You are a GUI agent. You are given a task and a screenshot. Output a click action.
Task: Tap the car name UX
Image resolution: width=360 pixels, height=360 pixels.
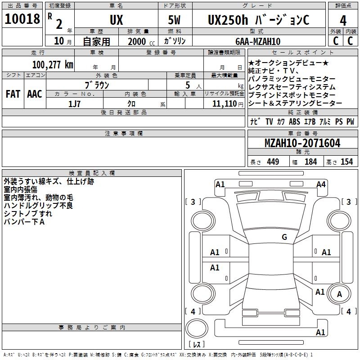pyautogui.click(x=116, y=20)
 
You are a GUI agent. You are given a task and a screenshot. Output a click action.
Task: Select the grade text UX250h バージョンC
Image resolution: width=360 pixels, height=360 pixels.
pyautogui.click(x=258, y=20)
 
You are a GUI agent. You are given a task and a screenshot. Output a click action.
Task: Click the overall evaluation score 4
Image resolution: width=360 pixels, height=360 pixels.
pyautogui.click(x=343, y=20)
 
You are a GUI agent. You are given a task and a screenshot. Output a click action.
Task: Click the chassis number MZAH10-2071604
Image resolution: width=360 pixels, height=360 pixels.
pyautogui.click(x=302, y=143)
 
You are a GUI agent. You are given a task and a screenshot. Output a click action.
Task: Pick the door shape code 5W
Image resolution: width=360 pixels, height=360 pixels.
pyautogui.click(x=175, y=20)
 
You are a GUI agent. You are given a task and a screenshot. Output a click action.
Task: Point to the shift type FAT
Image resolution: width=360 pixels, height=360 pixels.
pyautogui.click(x=13, y=94)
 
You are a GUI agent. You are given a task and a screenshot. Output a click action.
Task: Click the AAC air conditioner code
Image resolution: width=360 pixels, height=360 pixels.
pyautogui.click(x=35, y=94)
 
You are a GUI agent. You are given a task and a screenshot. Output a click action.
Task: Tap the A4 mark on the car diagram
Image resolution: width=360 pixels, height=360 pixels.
pyautogui.click(x=321, y=184)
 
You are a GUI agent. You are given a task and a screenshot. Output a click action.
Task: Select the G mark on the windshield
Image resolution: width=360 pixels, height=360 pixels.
pyautogui.click(x=284, y=237)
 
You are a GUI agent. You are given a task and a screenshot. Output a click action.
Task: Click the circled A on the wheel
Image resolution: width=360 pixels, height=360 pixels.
pyautogui.click(x=340, y=294)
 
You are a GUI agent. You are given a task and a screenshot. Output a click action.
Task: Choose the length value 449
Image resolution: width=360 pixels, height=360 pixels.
pyautogui.click(x=273, y=162)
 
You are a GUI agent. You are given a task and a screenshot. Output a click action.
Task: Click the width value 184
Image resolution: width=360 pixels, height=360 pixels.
pyautogui.click(x=310, y=162)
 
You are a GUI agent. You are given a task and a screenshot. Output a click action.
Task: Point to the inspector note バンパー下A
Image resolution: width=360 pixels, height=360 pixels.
pyautogui.click(x=24, y=222)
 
